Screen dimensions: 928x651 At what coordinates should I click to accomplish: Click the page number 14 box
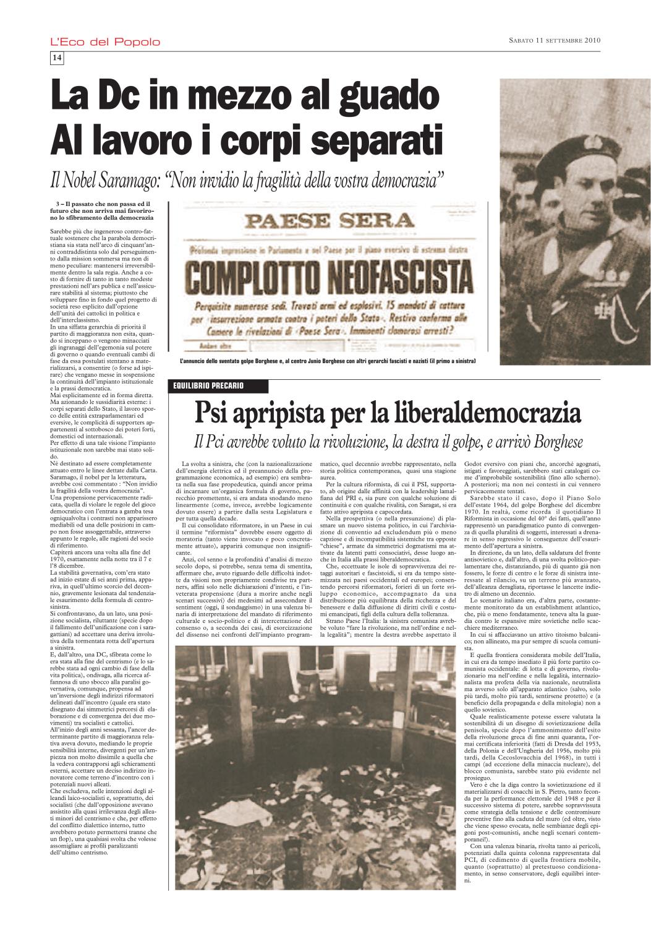pyautogui.click(x=56, y=58)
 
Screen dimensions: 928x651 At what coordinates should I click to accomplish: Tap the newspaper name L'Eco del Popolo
pyautogui.click(x=104, y=42)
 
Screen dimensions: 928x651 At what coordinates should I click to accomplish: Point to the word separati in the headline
pyautogui.click(x=368, y=140)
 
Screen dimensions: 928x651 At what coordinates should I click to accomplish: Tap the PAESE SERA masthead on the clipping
pyautogui.click(x=328, y=220)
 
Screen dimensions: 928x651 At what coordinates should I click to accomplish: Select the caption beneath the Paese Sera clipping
pyautogui.click(x=327, y=361)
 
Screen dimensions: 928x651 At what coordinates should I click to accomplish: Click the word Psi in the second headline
pyautogui.click(x=214, y=413)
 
